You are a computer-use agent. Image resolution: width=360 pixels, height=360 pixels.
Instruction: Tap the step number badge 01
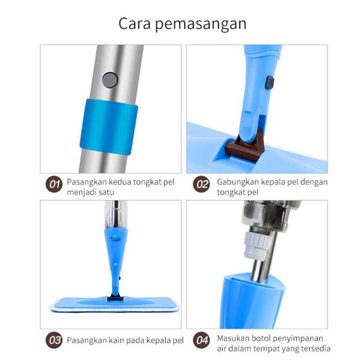pyautogui.click(x=55, y=184)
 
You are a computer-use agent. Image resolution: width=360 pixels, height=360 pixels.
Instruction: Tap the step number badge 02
pyautogui.click(x=202, y=184)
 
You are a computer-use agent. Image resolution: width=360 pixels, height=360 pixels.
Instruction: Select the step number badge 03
pyautogui.click(x=55, y=340)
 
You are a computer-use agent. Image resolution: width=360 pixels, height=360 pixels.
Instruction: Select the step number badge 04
pyautogui.click(x=202, y=340)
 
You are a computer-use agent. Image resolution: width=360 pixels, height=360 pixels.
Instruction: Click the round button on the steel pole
pyautogui.click(x=110, y=80)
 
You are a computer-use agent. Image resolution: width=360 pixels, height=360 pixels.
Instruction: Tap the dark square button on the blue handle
pyautogui.click(x=270, y=82)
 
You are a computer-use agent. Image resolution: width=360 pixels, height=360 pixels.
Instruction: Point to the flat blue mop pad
pyautogui.click(x=112, y=304)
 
